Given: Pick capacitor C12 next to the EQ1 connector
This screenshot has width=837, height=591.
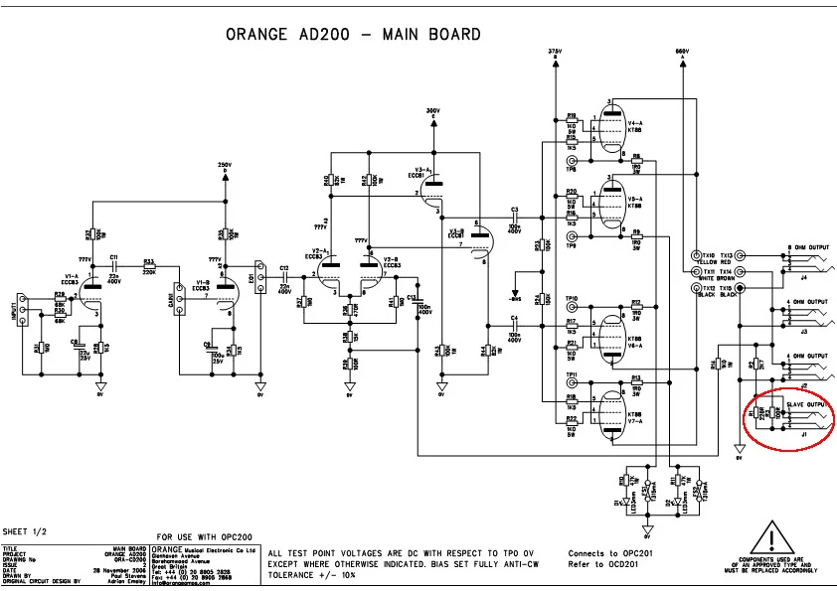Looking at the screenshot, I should pyautogui.click(x=283, y=276).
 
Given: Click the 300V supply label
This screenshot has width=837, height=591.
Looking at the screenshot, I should pyautogui.click(x=432, y=110).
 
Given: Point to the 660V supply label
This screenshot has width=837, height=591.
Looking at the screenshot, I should pyautogui.click(x=682, y=50).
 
